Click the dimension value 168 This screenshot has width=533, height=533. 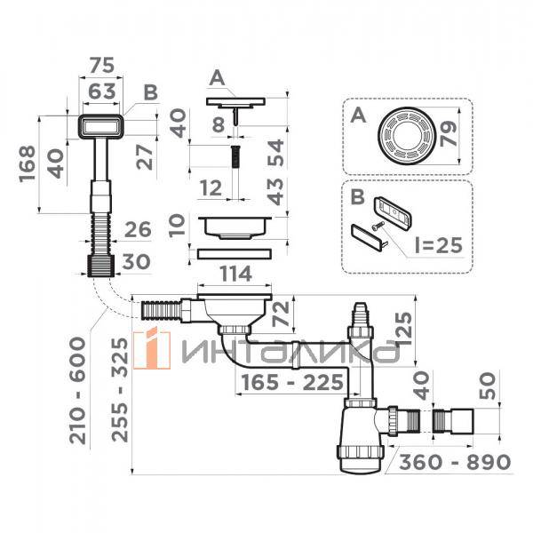click(x=28, y=164)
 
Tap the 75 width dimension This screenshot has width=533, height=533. click(x=102, y=65)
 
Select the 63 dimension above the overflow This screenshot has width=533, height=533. click(x=102, y=91)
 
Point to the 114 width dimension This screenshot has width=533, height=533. click(x=235, y=274)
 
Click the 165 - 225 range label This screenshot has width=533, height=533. click(x=292, y=382)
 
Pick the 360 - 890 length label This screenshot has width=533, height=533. click(x=455, y=462)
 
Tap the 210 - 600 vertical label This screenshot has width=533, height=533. click(x=78, y=390)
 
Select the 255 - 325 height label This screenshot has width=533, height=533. click(x=121, y=390)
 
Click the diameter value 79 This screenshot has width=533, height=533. click(x=448, y=134)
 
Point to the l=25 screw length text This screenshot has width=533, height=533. click(x=439, y=245)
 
